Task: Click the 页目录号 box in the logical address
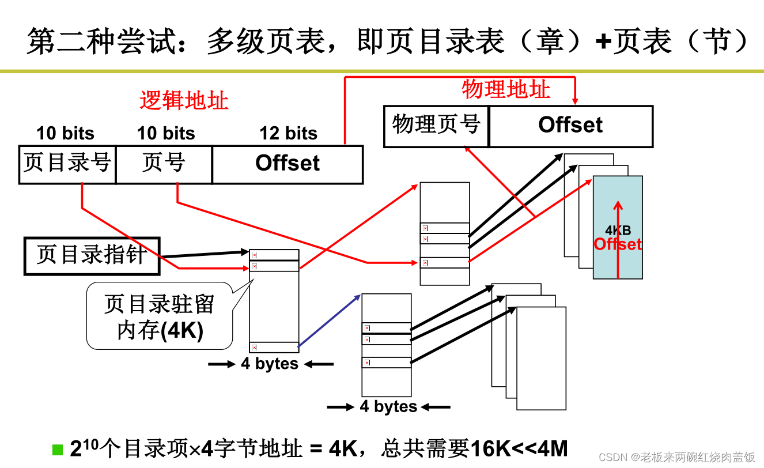pyautogui.click(x=67, y=164)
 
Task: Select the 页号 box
pyautogui.click(x=164, y=164)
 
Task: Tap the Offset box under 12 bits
pyautogui.click(x=288, y=164)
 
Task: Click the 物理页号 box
pyautogui.click(x=436, y=126)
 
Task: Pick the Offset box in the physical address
pyautogui.click(x=570, y=126)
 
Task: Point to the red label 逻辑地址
pyautogui.click(x=184, y=101)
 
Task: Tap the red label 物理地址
pyautogui.click(x=506, y=89)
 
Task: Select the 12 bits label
pyautogui.click(x=288, y=134)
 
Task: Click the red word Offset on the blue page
pyautogui.click(x=618, y=244)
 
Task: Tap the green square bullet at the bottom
pyautogui.click(x=57, y=449)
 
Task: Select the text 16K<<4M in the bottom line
pyautogui.click(x=519, y=448)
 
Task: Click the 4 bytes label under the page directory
pyautogui.click(x=270, y=364)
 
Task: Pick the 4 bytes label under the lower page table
pyautogui.click(x=388, y=407)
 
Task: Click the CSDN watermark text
pyautogui.click(x=677, y=457)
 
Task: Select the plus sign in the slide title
pyautogui.click(x=603, y=41)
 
